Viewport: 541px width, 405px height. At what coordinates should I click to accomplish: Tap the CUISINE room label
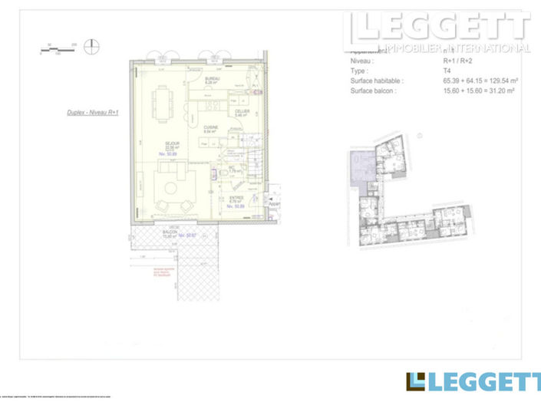209,130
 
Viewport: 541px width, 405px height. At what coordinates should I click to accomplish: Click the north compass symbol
91,45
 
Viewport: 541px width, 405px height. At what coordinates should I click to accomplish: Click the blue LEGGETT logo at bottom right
472,382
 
